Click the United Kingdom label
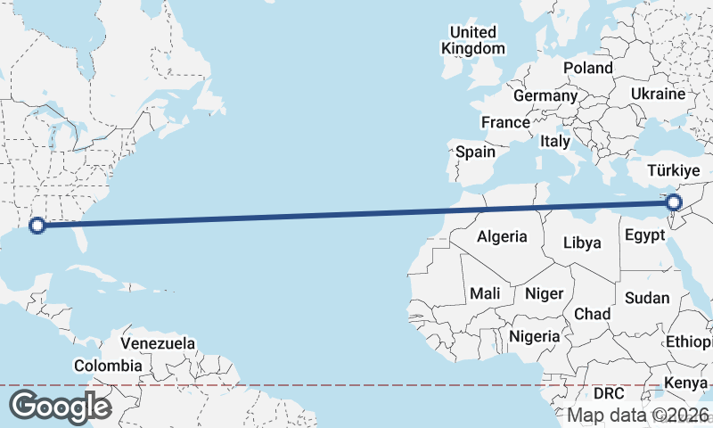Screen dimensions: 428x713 pos(473,41)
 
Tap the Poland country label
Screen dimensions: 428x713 pos(587,68)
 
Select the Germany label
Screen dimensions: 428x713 pos(545,95)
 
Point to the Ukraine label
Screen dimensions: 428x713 pos(658,94)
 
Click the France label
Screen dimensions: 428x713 pos(505,122)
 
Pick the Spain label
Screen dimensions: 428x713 pos(475,152)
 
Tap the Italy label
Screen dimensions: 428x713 pos(554,141)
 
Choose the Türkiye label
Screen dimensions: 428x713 pos(675,170)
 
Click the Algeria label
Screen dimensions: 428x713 pos(503,237)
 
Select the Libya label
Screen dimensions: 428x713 pos(582,243)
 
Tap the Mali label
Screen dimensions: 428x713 pos(484,293)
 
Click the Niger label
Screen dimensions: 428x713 pos(544,293)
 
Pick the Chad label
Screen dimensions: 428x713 pos(592,314)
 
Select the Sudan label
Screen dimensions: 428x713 pos(647,298)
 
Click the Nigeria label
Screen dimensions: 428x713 pos(535,336)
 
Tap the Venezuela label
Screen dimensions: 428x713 pos(158,343)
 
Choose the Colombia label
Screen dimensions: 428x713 pos(108,366)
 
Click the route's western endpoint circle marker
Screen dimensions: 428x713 pos(37,226)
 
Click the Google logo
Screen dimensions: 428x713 pos(60,407)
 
